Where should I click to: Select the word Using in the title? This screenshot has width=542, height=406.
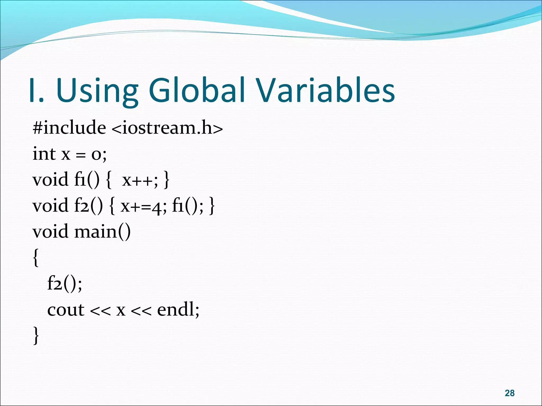(97, 90)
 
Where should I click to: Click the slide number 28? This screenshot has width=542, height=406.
(509, 393)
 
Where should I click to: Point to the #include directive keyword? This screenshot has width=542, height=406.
(69, 128)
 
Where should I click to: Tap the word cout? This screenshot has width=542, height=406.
(66, 310)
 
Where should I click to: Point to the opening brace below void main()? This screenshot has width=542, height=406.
(36, 258)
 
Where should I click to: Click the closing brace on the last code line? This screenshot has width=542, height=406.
(36, 335)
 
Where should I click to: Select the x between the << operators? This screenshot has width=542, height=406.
(121, 310)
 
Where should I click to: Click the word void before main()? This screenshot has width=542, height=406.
(50, 232)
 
